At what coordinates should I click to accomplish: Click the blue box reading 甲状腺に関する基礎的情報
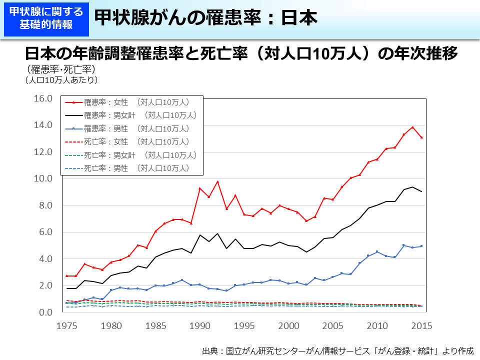[x=46, y=18]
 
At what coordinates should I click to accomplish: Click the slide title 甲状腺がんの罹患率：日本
[x=205, y=18]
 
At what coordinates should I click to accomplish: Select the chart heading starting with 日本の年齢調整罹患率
[x=241, y=53]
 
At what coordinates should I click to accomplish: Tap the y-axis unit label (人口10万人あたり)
[x=61, y=79]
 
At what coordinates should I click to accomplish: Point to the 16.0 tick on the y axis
[x=43, y=98]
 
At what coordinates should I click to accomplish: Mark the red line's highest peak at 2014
[x=412, y=127]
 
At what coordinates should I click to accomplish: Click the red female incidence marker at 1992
[x=217, y=181]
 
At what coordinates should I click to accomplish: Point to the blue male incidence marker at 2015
[x=421, y=246]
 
